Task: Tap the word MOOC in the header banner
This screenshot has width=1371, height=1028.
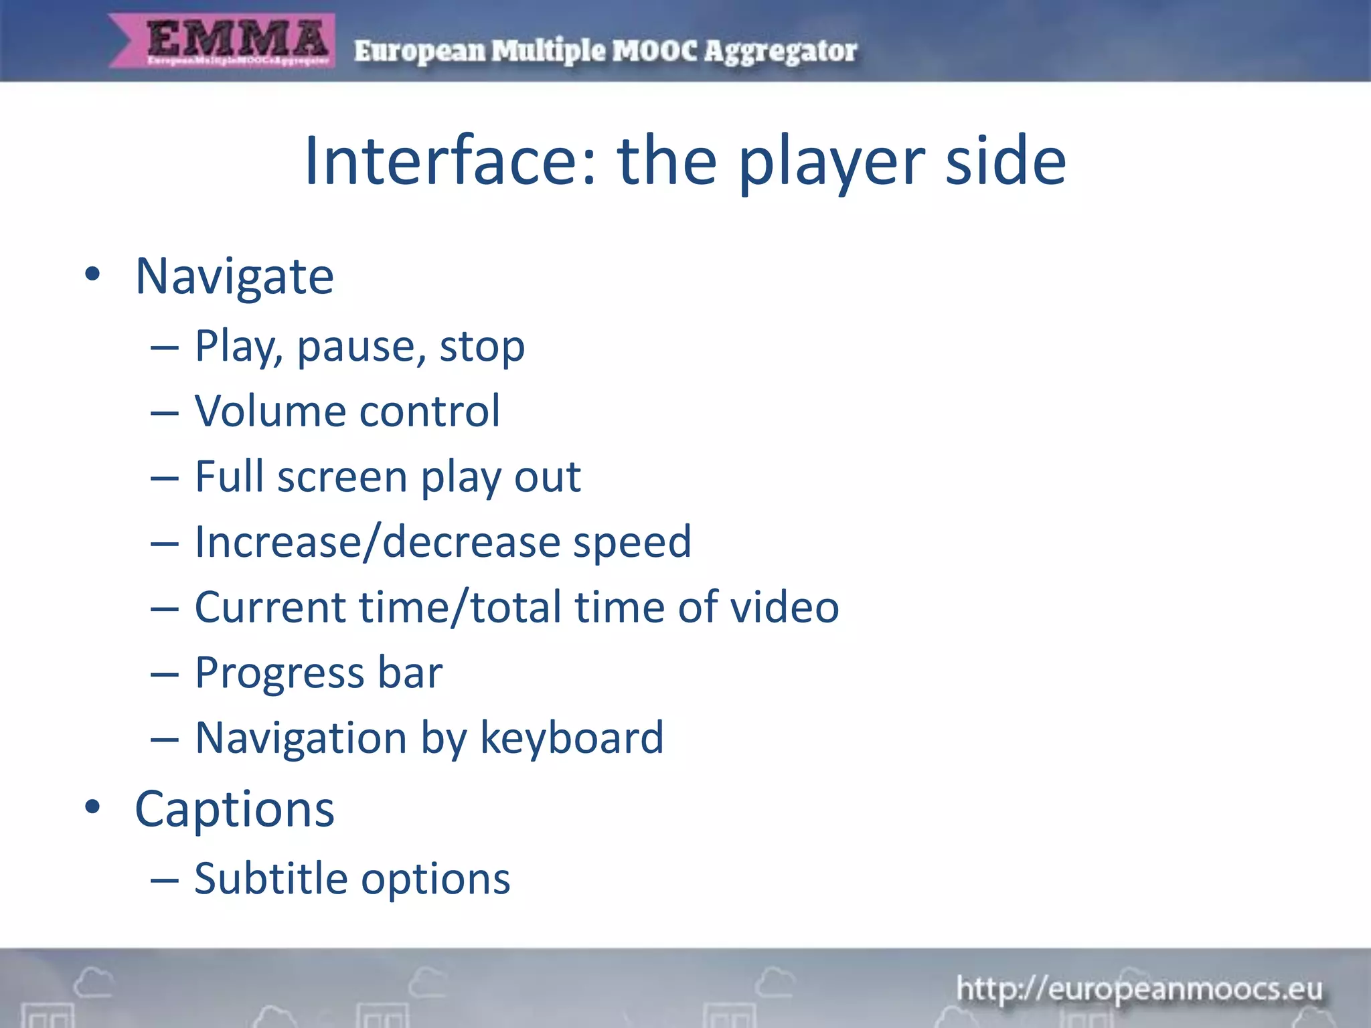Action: pos(655,51)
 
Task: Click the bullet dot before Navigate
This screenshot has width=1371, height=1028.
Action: pos(92,274)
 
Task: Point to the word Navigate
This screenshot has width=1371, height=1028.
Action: pos(234,276)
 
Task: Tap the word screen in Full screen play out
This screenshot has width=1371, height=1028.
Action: pos(342,477)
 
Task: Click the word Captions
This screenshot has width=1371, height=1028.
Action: pos(234,809)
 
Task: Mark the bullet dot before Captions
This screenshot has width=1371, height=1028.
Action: pos(92,807)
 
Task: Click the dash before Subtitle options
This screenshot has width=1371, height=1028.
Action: pos(164,879)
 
